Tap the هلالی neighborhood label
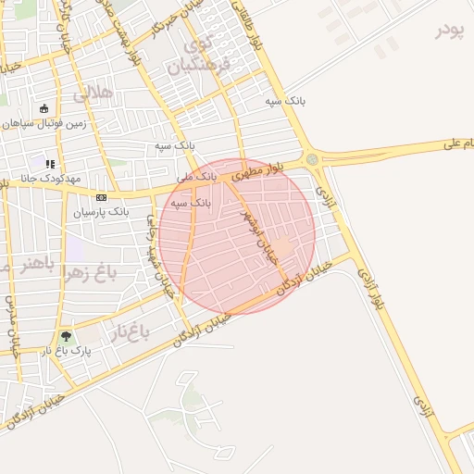click(x=92, y=93)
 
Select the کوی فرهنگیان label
click(x=197, y=56)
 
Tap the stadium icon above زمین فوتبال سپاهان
click(x=44, y=108)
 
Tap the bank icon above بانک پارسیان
click(x=101, y=197)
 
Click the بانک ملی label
click(x=196, y=175)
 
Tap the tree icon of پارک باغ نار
click(x=65, y=336)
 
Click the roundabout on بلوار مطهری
click(x=312, y=159)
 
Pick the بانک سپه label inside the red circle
click(x=190, y=202)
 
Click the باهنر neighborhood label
click(x=36, y=265)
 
